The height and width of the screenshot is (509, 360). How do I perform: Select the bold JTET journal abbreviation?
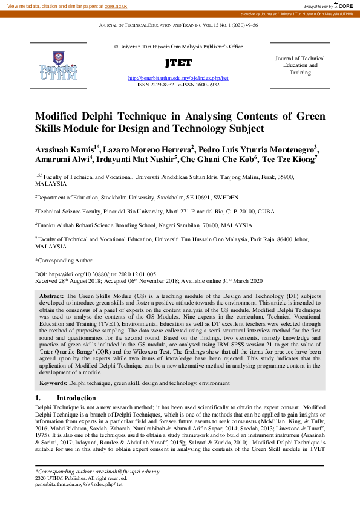(x=178, y=63)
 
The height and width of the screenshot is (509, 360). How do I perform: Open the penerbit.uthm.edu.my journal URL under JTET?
(x=178, y=79)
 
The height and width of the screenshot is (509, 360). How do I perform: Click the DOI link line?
(x=96, y=274)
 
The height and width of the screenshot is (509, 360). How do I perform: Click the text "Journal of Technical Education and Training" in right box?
(x=300, y=65)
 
